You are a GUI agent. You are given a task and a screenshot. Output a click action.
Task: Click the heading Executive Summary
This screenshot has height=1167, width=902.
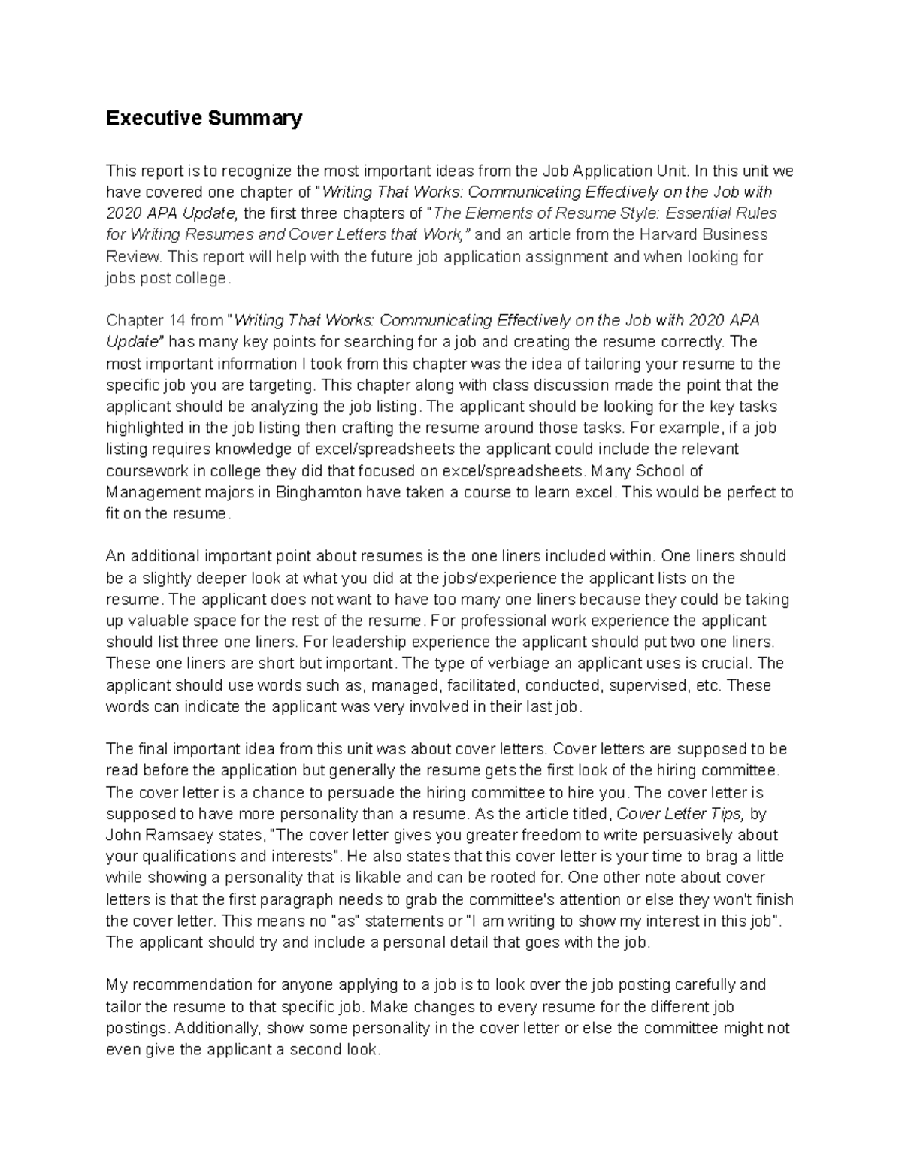[204, 119]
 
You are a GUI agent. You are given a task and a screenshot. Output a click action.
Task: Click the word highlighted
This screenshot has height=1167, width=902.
[144, 428]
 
